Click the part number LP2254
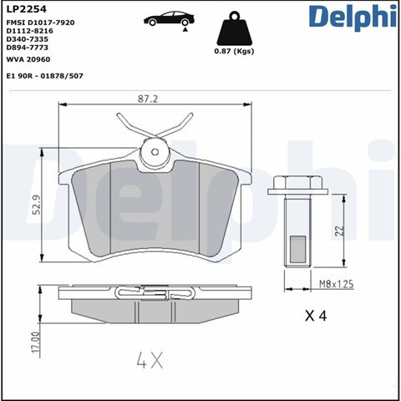coord(27,9)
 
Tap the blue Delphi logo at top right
coord(353,18)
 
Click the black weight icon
coord(235,28)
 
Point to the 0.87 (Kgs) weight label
coord(234,51)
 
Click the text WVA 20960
coord(28,59)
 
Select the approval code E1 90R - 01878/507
coord(45,76)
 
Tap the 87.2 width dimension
coord(148,99)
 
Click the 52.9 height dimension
coord(37,205)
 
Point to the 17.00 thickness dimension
coord(36,343)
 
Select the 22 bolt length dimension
coord(339,231)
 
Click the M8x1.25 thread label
coord(336,284)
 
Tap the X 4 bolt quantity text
coord(316,316)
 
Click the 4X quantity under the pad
coord(150,360)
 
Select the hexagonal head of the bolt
coord(297,183)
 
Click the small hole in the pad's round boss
coord(155,152)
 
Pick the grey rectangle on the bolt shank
coord(297,250)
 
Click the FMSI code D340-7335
coord(28,39)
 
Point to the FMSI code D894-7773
coord(28,48)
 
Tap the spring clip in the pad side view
coord(155,293)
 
